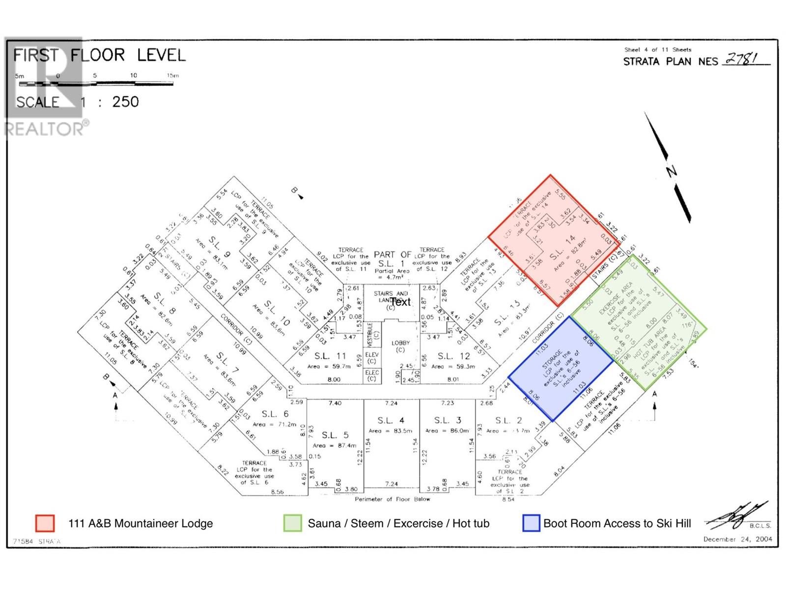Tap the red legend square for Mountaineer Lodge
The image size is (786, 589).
click(45, 523)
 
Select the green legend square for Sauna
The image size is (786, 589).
click(293, 523)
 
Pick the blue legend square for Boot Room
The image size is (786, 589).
click(532, 523)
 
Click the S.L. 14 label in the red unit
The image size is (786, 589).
click(562, 247)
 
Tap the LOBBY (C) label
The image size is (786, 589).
click(400, 346)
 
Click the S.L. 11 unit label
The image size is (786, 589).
click(330, 356)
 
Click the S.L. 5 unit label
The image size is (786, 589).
click(335, 435)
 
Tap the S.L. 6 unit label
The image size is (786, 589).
click(275, 414)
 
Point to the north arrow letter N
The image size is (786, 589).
click(671, 171)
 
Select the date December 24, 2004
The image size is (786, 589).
click(737, 539)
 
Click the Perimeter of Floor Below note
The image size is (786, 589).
click(392, 499)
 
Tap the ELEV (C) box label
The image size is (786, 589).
click(372, 358)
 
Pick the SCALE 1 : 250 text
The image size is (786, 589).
click(77, 102)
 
